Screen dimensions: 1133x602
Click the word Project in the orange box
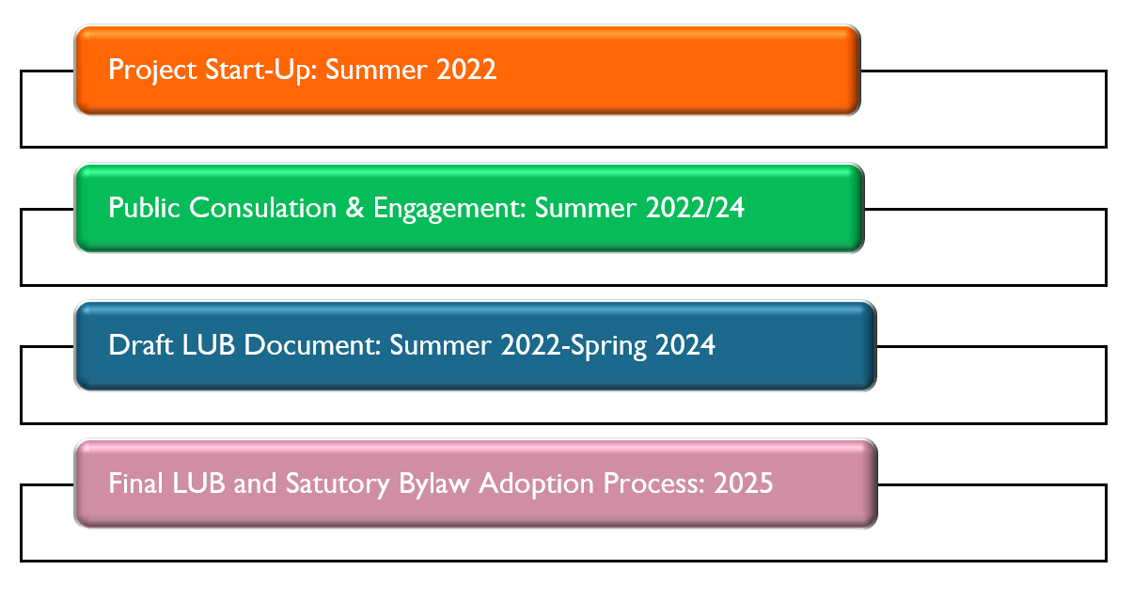click(152, 71)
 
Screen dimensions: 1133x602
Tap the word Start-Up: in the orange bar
click(261, 71)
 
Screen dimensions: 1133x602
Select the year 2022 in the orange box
click(465, 70)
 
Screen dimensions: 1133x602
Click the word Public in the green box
click(144, 208)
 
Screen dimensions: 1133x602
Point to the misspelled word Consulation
click(262, 208)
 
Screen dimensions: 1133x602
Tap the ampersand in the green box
click(354, 208)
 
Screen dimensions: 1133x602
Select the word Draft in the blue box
click(141, 345)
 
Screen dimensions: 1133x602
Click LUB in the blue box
click(208, 345)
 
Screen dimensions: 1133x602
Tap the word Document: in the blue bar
click(312, 345)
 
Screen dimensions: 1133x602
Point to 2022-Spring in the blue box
click(574, 346)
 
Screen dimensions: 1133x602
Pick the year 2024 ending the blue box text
click(685, 345)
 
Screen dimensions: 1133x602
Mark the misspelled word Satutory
click(338, 484)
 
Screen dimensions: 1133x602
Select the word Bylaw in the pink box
click(434, 484)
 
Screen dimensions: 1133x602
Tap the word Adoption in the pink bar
click(537, 484)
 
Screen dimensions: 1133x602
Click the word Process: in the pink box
click(654, 483)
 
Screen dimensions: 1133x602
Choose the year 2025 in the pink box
click(743, 483)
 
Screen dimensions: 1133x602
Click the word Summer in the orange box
click(376, 70)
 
